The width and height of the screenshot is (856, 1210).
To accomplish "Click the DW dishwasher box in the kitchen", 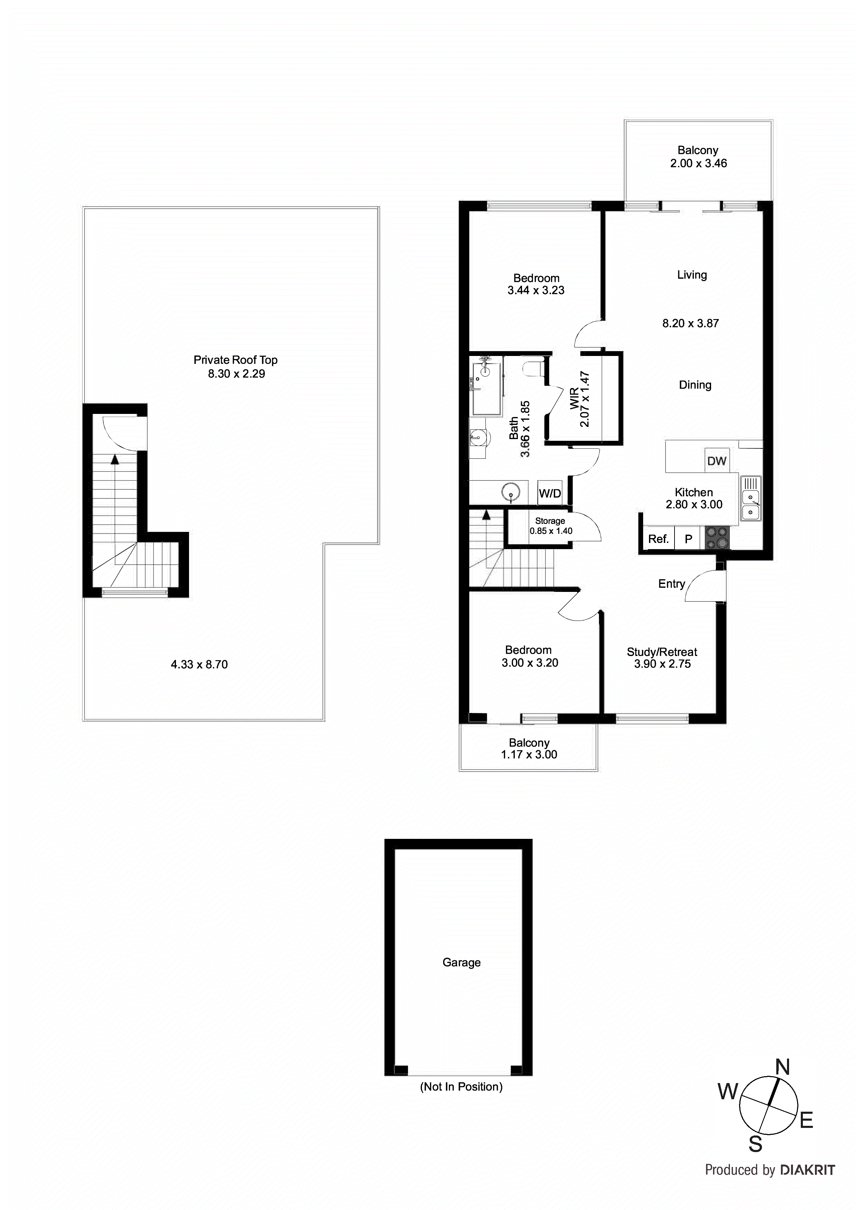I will tap(716, 460).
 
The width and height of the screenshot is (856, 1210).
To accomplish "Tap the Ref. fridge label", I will tap(658, 538).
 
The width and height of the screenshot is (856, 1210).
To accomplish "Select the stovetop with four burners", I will tap(717, 538).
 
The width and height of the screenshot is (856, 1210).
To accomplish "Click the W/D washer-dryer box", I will tap(550, 493).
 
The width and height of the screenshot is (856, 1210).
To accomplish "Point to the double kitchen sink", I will tap(750, 498).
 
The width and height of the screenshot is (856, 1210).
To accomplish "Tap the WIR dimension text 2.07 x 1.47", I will tap(584, 399).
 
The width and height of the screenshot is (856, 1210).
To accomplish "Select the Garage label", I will tap(461, 962).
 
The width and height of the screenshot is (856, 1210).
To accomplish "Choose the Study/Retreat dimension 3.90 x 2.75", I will tap(662, 664).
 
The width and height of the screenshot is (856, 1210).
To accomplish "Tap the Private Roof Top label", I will tap(235, 360).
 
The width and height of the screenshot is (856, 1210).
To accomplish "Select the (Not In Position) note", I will tap(461, 1087).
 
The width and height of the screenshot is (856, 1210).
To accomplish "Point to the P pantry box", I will tap(688, 538).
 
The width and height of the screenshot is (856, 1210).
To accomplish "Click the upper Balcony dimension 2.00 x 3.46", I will tap(698, 163).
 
